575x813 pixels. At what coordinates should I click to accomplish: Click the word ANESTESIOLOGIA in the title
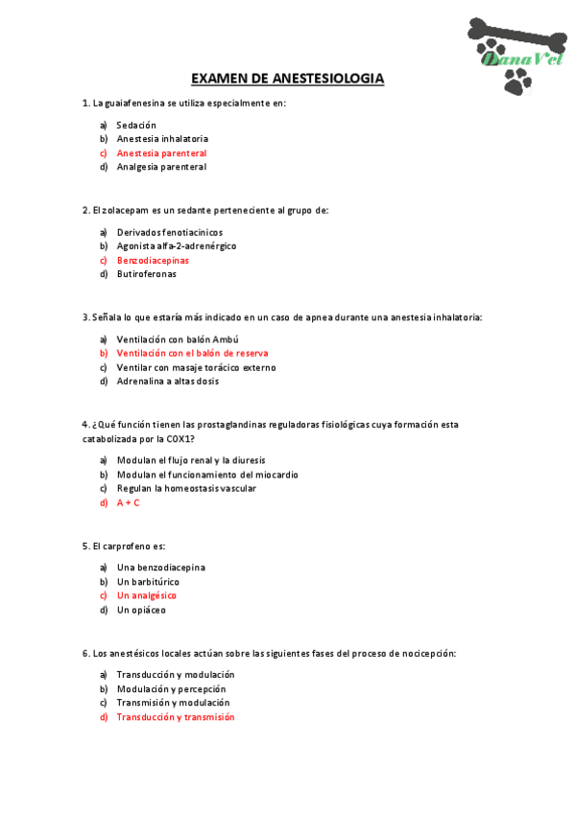click(x=328, y=79)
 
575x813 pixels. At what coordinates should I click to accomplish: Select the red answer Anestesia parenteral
click(x=161, y=153)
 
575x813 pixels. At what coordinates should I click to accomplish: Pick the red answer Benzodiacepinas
click(x=153, y=260)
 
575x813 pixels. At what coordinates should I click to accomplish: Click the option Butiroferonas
click(x=146, y=274)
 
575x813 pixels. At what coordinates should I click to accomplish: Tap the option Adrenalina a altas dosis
click(x=167, y=381)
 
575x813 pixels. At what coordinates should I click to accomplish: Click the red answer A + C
click(x=128, y=502)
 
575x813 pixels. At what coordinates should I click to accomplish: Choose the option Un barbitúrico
click(x=147, y=582)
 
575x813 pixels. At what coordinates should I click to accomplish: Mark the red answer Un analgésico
click(x=146, y=595)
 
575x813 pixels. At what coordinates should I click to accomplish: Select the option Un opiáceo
click(x=140, y=610)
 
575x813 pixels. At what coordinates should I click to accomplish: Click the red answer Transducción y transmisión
click(x=175, y=717)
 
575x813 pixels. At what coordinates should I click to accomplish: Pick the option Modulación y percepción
click(x=171, y=688)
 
